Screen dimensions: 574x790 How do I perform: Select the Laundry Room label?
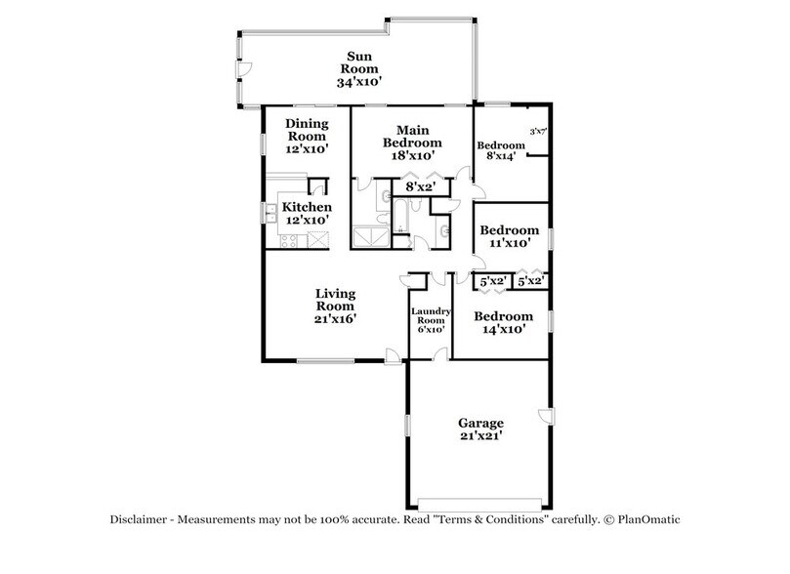[431, 319]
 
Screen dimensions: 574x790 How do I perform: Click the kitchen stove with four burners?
[290, 240]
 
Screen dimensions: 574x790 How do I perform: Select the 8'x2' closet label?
[420, 185]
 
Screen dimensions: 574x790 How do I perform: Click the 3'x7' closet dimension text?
[536, 131]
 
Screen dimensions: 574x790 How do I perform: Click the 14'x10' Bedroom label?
[504, 323]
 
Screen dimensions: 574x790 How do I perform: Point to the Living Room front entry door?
[393, 359]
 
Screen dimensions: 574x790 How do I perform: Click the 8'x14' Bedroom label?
[499, 152]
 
